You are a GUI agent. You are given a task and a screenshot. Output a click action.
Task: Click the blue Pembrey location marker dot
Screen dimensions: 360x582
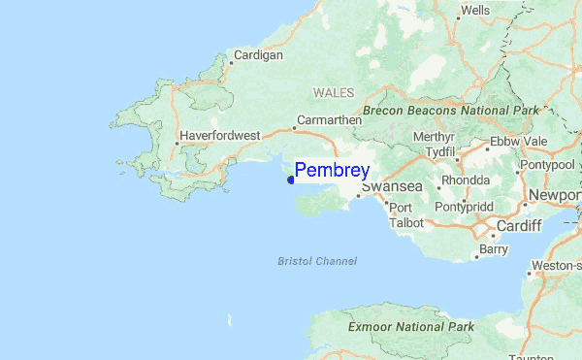point(290,179)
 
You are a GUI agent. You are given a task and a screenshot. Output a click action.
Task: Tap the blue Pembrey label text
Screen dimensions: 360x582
point(332,170)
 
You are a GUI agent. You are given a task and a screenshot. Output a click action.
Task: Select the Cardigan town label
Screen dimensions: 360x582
point(259,55)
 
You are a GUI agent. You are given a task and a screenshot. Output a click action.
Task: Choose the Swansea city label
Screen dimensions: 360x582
point(391,187)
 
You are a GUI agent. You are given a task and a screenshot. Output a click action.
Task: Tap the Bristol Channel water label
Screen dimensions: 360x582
point(317,261)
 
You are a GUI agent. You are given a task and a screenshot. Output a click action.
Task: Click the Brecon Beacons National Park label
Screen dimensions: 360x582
point(450,111)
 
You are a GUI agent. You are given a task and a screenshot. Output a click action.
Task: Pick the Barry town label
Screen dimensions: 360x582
point(494,249)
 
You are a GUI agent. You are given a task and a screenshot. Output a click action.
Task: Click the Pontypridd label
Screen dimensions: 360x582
point(467,207)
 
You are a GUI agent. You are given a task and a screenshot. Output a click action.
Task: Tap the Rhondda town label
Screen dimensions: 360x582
point(466,180)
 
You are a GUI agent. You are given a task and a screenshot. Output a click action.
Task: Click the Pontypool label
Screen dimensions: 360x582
point(549,165)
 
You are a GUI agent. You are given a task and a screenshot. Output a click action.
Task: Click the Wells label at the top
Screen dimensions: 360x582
point(475,11)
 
